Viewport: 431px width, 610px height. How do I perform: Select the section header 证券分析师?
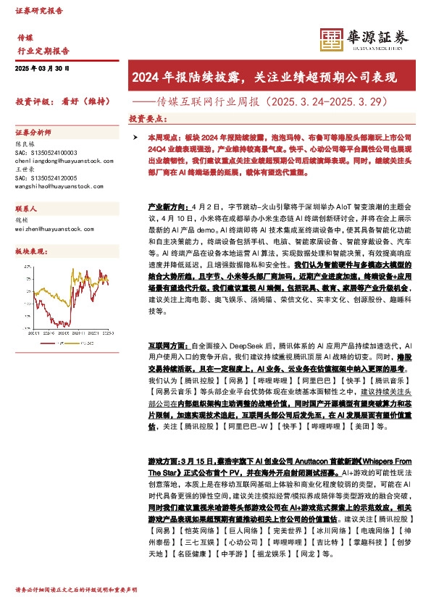33,133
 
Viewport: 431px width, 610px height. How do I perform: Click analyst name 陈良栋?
25,143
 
